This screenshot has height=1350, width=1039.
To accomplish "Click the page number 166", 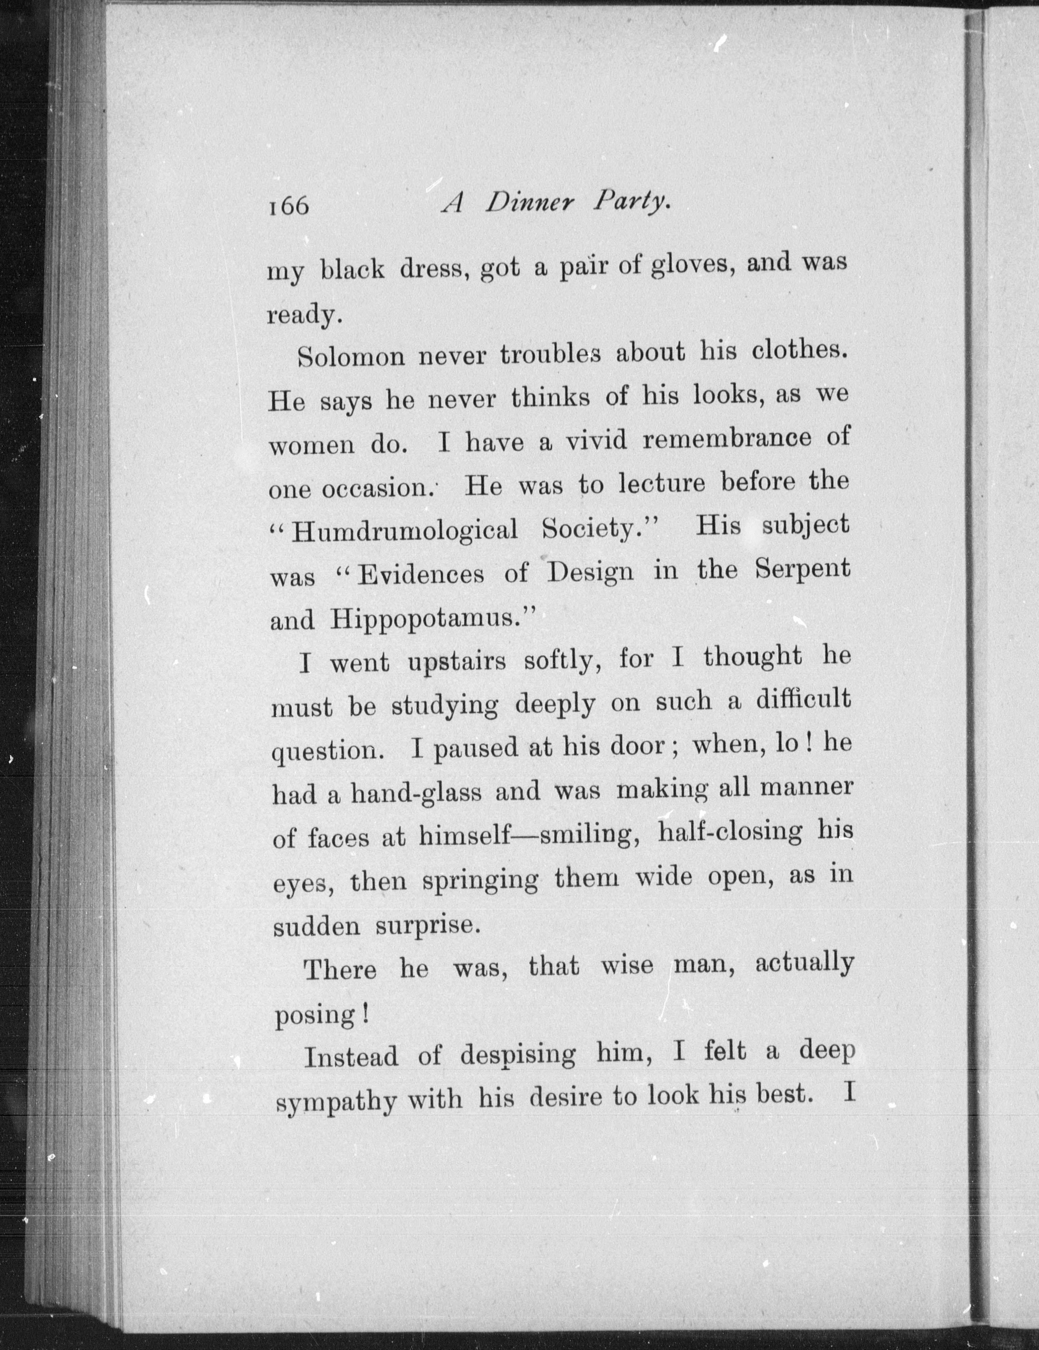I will (x=288, y=206).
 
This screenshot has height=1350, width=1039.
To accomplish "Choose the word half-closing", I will (x=730, y=833).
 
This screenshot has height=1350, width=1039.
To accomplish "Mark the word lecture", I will (x=662, y=483).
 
